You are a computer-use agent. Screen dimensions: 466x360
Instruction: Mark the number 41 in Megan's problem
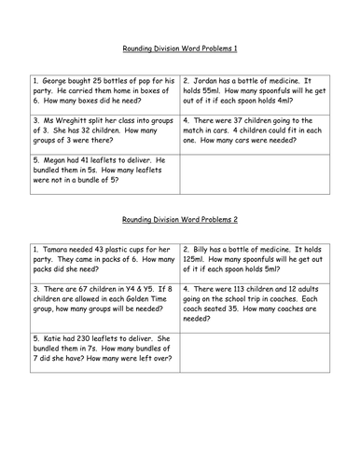(92, 160)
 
